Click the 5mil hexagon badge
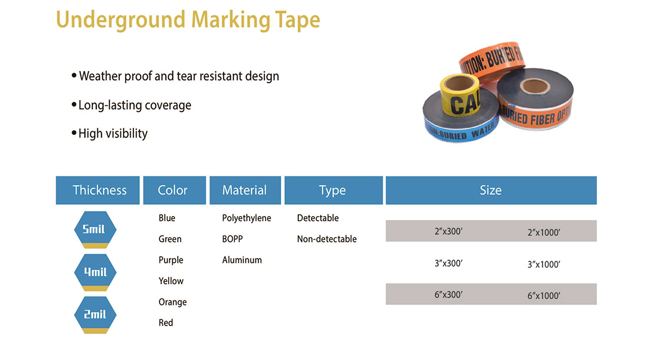tap(95, 229)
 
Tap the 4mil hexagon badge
tap(95, 272)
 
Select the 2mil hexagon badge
tap(95, 315)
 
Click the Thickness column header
tap(98, 190)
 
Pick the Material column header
tap(245, 190)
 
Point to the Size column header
tap(491, 190)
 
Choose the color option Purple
tap(171, 260)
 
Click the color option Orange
tap(173, 302)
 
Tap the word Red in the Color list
tap(166, 322)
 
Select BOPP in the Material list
tap(232, 239)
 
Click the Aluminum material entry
tap(242, 260)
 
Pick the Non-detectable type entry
tap(327, 239)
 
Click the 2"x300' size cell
tap(448, 232)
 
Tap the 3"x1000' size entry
tap(543, 264)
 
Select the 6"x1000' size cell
tap(543, 296)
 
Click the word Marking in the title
tap(231, 19)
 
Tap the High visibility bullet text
tap(113, 134)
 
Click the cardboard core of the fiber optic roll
tap(535, 86)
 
